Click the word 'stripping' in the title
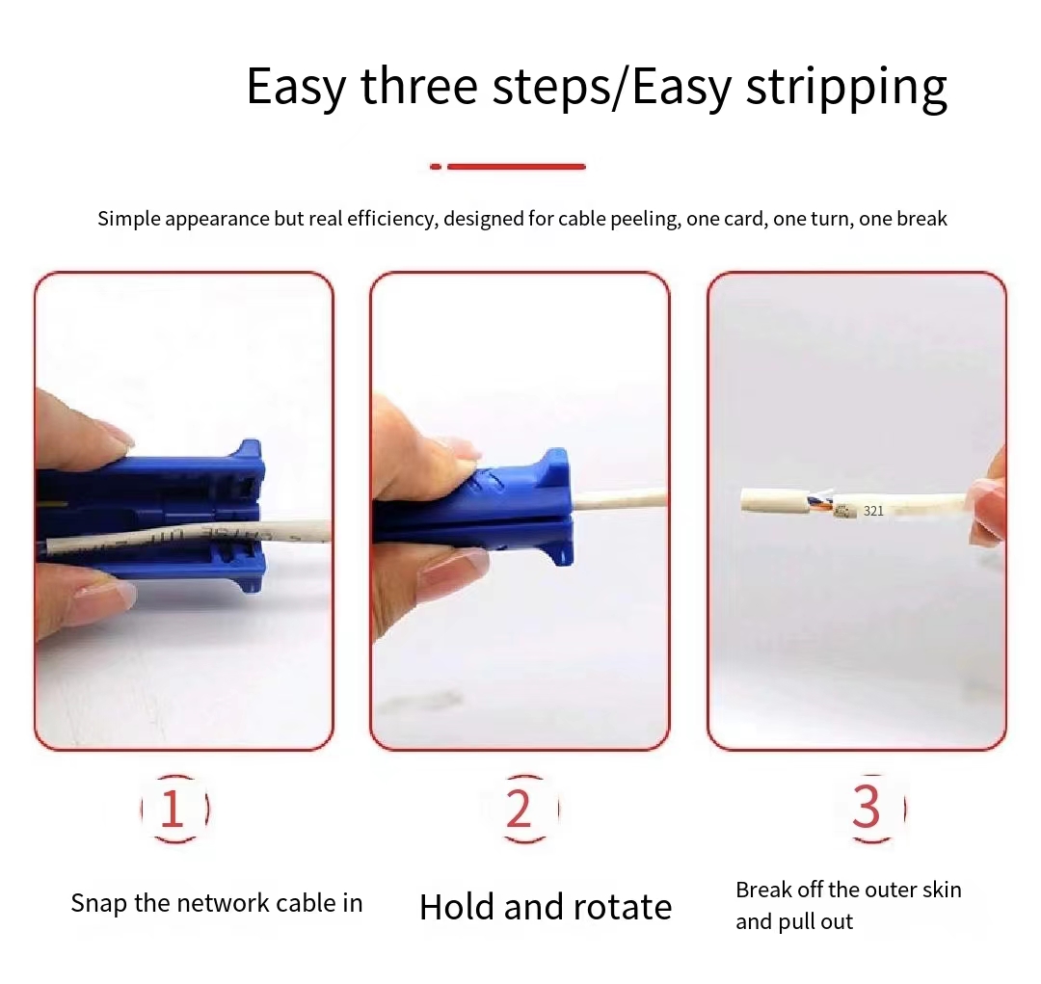pos(846,87)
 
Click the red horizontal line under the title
pos(516,167)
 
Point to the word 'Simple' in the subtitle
pos(128,219)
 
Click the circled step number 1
pos(173,809)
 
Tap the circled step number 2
pos(520,809)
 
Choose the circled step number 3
pos(866,809)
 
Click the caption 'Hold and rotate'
pos(546,907)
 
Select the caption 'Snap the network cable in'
pos(217,904)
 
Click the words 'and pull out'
pos(794,922)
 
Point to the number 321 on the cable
pos(873,511)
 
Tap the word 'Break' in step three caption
pos(762,890)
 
